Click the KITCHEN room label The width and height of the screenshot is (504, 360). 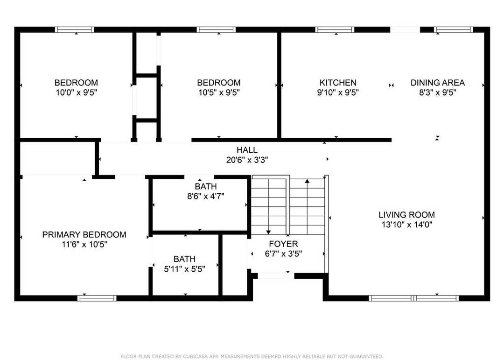338,83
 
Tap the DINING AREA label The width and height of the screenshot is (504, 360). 437,83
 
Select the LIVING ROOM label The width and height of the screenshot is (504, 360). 406,215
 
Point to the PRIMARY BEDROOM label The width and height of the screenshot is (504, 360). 84,234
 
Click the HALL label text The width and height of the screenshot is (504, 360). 247,150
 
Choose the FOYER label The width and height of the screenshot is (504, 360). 283,244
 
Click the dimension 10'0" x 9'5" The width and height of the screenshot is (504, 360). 76,92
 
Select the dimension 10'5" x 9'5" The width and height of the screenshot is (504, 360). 219,92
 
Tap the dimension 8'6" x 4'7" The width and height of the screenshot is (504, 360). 206,196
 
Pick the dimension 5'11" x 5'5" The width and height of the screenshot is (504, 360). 184,269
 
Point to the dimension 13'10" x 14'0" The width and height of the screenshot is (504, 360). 406,225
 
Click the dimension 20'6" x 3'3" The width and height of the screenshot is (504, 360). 247,160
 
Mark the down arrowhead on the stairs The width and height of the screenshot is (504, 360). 268,232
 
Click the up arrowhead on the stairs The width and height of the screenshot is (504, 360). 307,181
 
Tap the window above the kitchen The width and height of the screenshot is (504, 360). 335,29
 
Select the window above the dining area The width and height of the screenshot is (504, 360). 453,29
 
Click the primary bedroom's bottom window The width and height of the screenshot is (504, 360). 97,298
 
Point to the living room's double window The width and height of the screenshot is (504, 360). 413,298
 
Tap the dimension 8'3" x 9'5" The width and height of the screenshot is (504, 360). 437,92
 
